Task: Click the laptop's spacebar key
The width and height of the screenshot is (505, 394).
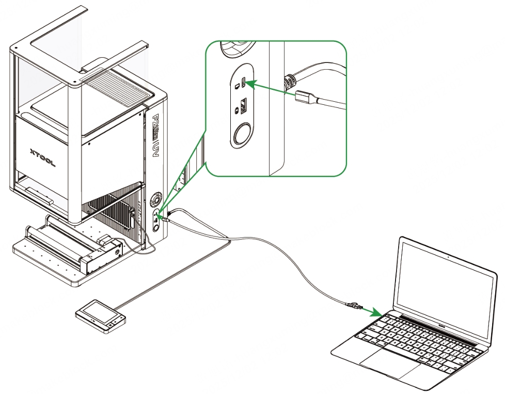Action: click(413, 352)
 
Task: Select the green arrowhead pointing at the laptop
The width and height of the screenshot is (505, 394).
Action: click(376, 312)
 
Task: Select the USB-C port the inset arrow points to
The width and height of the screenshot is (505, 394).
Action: click(244, 83)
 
